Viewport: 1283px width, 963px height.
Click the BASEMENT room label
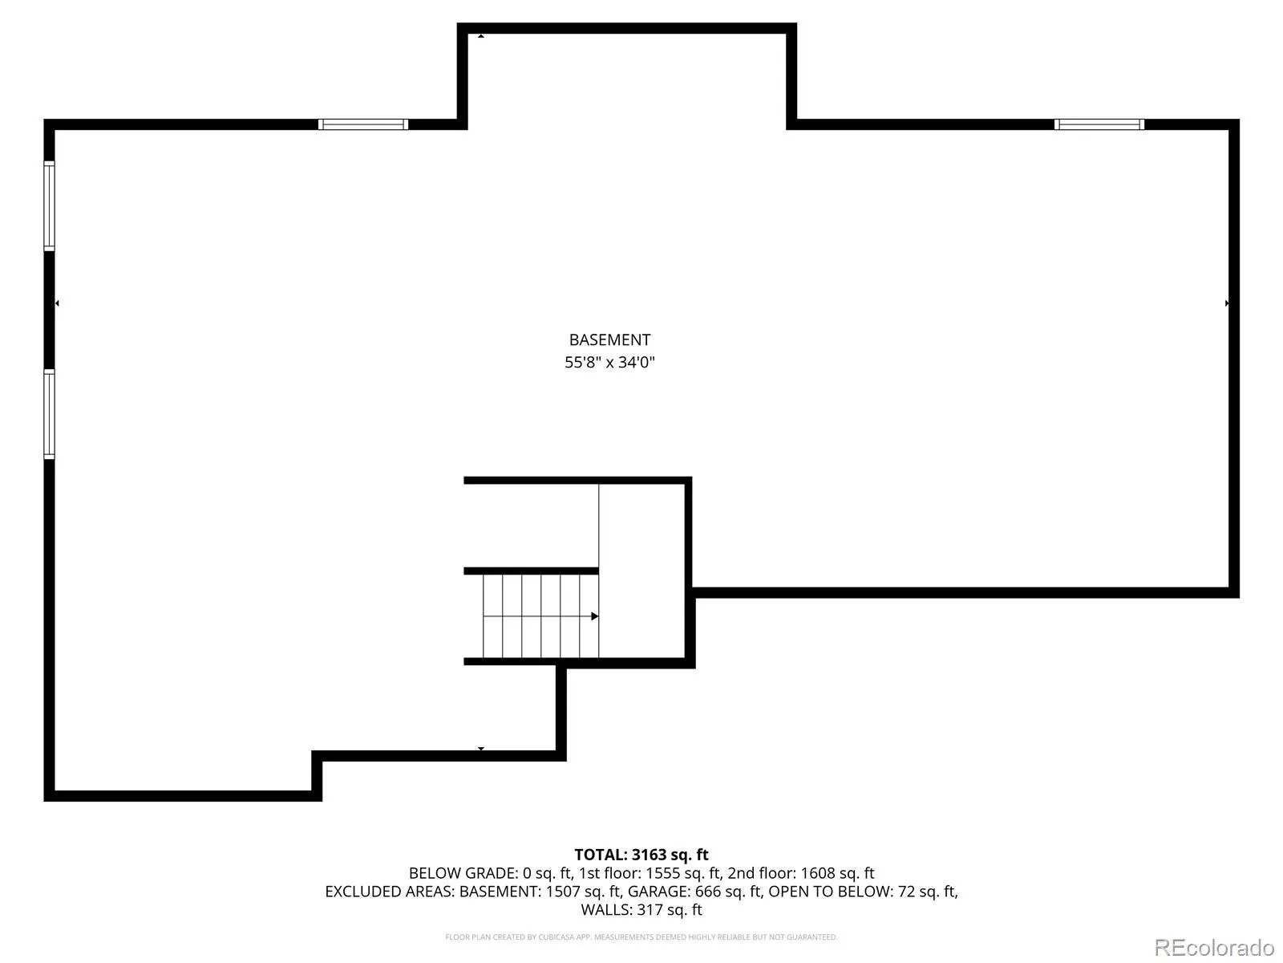coord(609,339)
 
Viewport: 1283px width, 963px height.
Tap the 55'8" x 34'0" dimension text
coord(609,362)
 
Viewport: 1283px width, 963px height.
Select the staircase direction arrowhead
coord(594,616)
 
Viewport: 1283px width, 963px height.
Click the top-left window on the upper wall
coord(363,124)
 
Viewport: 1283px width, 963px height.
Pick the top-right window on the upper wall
coord(1099,124)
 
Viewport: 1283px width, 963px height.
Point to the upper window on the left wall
coord(50,205)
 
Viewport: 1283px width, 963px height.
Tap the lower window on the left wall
coord(50,413)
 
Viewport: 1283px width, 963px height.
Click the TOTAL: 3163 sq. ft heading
coord(641,855)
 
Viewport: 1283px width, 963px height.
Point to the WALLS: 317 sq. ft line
coord(641,910)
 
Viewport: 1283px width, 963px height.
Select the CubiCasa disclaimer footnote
coord(641,937)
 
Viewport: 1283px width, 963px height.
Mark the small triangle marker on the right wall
coord(1227,303)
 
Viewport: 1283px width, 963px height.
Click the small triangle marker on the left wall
coord(57,303)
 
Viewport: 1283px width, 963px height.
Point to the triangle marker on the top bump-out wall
coord(481,35)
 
